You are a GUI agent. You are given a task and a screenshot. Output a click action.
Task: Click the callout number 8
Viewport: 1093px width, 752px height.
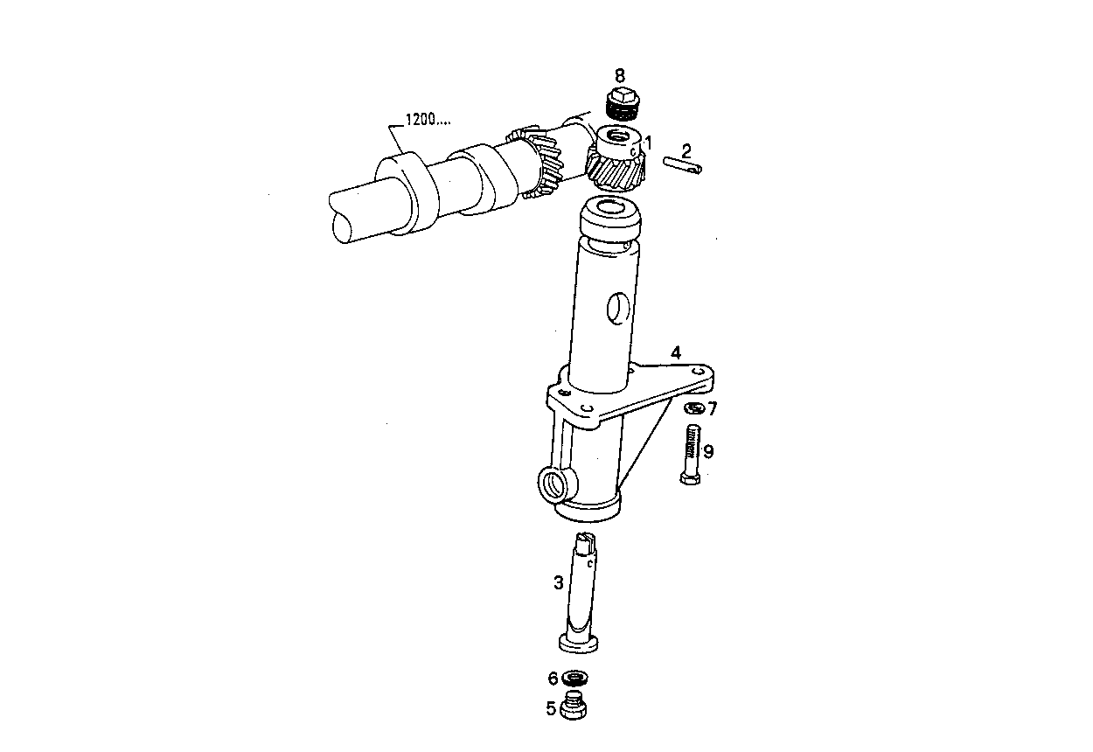pos(620,75)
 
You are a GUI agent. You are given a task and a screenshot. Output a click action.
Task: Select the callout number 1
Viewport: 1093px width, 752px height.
pos(648,143)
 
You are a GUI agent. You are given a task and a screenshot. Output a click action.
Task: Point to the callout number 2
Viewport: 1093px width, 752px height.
pos(686,150)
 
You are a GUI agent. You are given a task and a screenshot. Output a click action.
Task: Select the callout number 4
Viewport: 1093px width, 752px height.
pos(675,353)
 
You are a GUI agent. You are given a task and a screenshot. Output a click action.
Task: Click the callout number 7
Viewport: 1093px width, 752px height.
pos(712,407)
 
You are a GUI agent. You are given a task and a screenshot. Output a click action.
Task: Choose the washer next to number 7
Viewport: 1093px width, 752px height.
pos(693,408)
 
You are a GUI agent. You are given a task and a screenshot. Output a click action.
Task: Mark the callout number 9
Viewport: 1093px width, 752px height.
pos(708,451)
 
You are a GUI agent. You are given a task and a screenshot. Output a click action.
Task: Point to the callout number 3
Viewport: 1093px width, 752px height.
pos(558,581)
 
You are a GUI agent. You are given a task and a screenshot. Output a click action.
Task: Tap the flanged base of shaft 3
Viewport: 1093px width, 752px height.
pos(579,644)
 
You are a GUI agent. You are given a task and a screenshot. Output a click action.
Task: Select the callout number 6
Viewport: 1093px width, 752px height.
pos(553,678)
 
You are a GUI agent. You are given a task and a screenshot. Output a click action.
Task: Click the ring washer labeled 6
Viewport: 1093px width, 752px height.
pos(575,678)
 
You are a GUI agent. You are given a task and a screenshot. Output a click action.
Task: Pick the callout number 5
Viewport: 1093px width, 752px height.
pos(552,708)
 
